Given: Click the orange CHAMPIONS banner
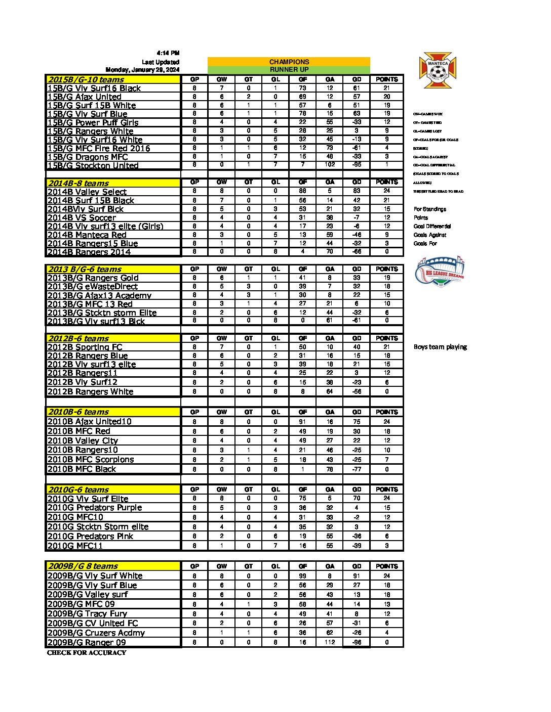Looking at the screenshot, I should tap(289, 62).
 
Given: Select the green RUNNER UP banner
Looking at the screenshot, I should tap(289, 70).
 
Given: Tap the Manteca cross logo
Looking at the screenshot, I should tap(438, 70).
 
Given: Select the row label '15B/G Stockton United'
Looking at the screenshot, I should tap(93, 165).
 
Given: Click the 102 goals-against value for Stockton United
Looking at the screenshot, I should tap(330, 165).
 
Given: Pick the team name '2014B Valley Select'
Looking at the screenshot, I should tap(87, 192).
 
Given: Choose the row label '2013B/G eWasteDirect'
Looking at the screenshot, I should tap(93, 286).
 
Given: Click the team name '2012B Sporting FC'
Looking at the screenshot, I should tap(85, 347).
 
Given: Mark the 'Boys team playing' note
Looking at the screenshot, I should tap(440, 347).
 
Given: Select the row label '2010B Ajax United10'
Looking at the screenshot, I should tap(90, 421).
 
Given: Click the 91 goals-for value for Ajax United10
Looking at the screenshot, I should tap(302, 421).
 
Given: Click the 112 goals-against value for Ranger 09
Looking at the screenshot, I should tap(330, 642).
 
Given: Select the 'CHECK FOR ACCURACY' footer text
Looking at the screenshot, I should tap(87, 653).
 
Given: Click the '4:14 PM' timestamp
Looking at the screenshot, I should tap(168, 53).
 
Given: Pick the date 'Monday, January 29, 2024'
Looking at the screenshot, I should tap(142, 70).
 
